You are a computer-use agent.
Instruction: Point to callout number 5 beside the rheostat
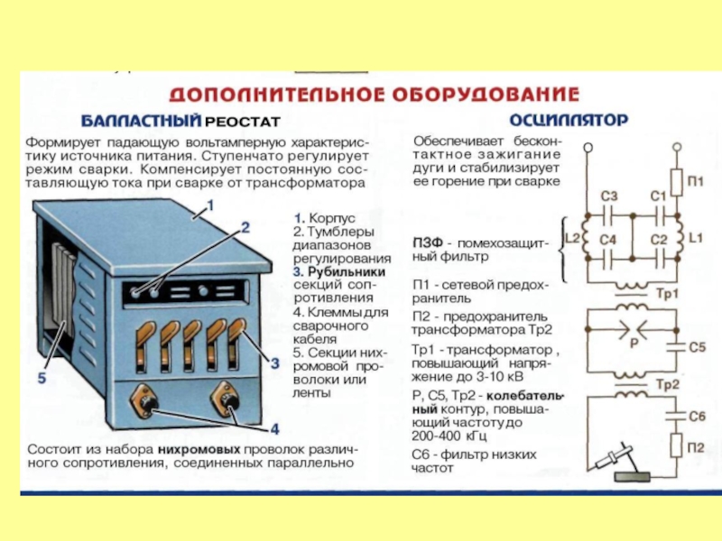(x=42, y=380)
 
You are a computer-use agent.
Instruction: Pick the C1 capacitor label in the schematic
(x=657, y=197)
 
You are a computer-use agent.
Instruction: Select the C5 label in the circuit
(x=696, y=347)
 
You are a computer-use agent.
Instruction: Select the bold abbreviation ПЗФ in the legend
(x=430, y=243)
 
